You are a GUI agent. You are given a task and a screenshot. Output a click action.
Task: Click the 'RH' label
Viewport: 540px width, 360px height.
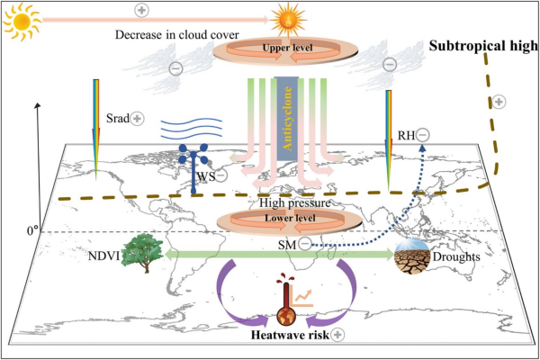coord(406,136)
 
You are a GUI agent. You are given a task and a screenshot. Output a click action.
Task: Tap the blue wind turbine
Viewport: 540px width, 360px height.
coord(191,166)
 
